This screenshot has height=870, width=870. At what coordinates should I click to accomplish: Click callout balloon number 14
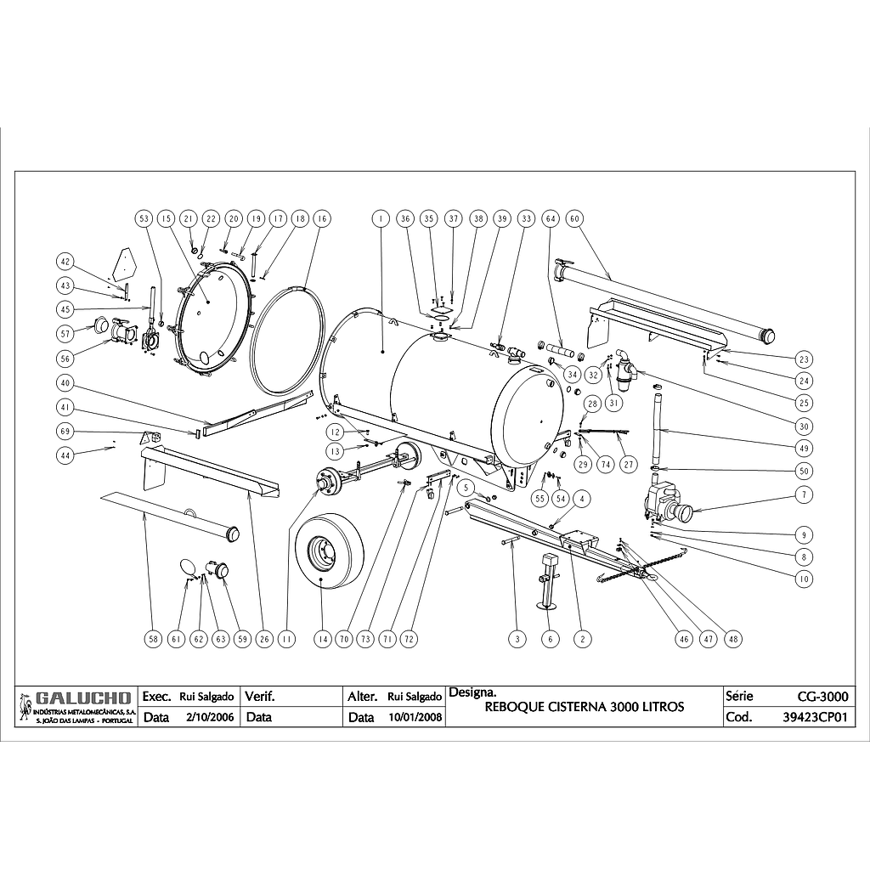pyautogui.click(x=321, y=639)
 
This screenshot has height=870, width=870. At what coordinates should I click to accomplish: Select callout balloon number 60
pyautogui.click(x=575, y=218)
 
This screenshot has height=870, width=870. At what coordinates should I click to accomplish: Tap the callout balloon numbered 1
pyautogui.click(x=381, y=218)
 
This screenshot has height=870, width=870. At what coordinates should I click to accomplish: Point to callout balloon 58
pyautogui.click(x=152, y=639)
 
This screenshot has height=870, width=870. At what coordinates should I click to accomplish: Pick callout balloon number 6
pyautogui.click(x=550, y=639)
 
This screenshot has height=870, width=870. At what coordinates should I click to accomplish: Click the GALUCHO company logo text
pyautogui.click(x=82, y=698)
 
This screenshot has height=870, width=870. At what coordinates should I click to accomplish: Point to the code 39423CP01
pyautogui.click(x=815, y=716)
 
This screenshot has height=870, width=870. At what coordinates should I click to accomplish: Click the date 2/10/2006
pyautogui.click(x=209, y=716)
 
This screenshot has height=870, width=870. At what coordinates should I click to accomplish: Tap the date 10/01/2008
pyautogui.click(x=415, y=716)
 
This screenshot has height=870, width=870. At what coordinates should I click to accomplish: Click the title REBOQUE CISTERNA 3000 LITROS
pyautogui.click(x=584, y=706)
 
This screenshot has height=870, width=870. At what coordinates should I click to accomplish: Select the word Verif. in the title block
pyautogui.click(x=260, y=697)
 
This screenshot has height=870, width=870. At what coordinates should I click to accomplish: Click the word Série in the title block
pyautogui.click(x=740, y=697)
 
